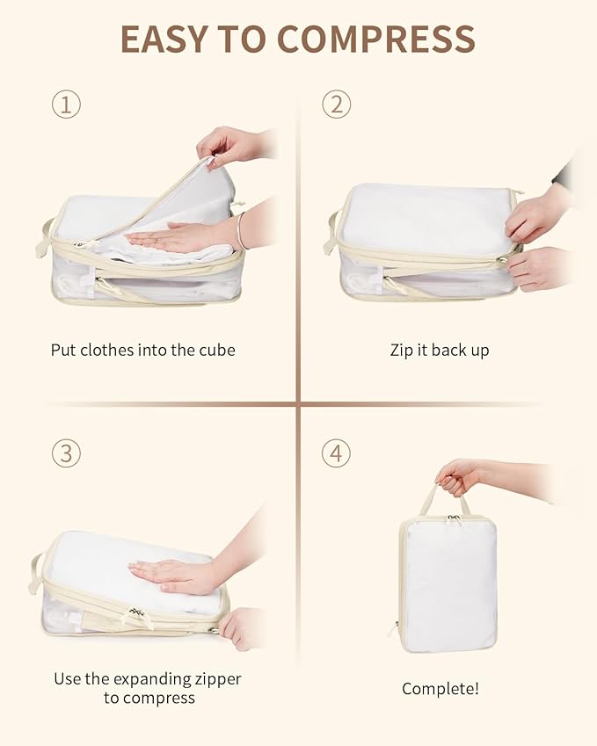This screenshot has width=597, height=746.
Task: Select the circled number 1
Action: pyautogui.click(x=66, y=105)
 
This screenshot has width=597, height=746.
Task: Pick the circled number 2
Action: pyautogui.click(x=336, y=105)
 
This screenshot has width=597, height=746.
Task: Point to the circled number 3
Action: pyautogui.click(x=66, y=453)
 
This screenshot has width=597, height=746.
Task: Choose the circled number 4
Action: pyautogui.click(x=336, y=453)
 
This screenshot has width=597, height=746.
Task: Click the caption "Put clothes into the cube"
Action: pyautogui.click(x=142, y=350)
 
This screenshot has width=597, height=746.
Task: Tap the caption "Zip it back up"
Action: pyautogui.click(x=440, y=350)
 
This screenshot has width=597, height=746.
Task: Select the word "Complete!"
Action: pyautogui.click(x=440, y=689)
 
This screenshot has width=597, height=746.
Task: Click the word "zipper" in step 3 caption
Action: pyautogui.click(x=216, y=678)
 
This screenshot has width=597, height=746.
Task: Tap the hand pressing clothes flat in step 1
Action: pyautogui.click(x=171, y=236)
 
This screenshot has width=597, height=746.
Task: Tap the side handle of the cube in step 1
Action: pyautogui.click(x=43, y=238)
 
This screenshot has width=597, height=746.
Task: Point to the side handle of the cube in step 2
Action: pyautogui.click(x=331, y=234)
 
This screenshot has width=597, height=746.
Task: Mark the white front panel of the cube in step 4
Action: pyautogui.click(x=448, y=584)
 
